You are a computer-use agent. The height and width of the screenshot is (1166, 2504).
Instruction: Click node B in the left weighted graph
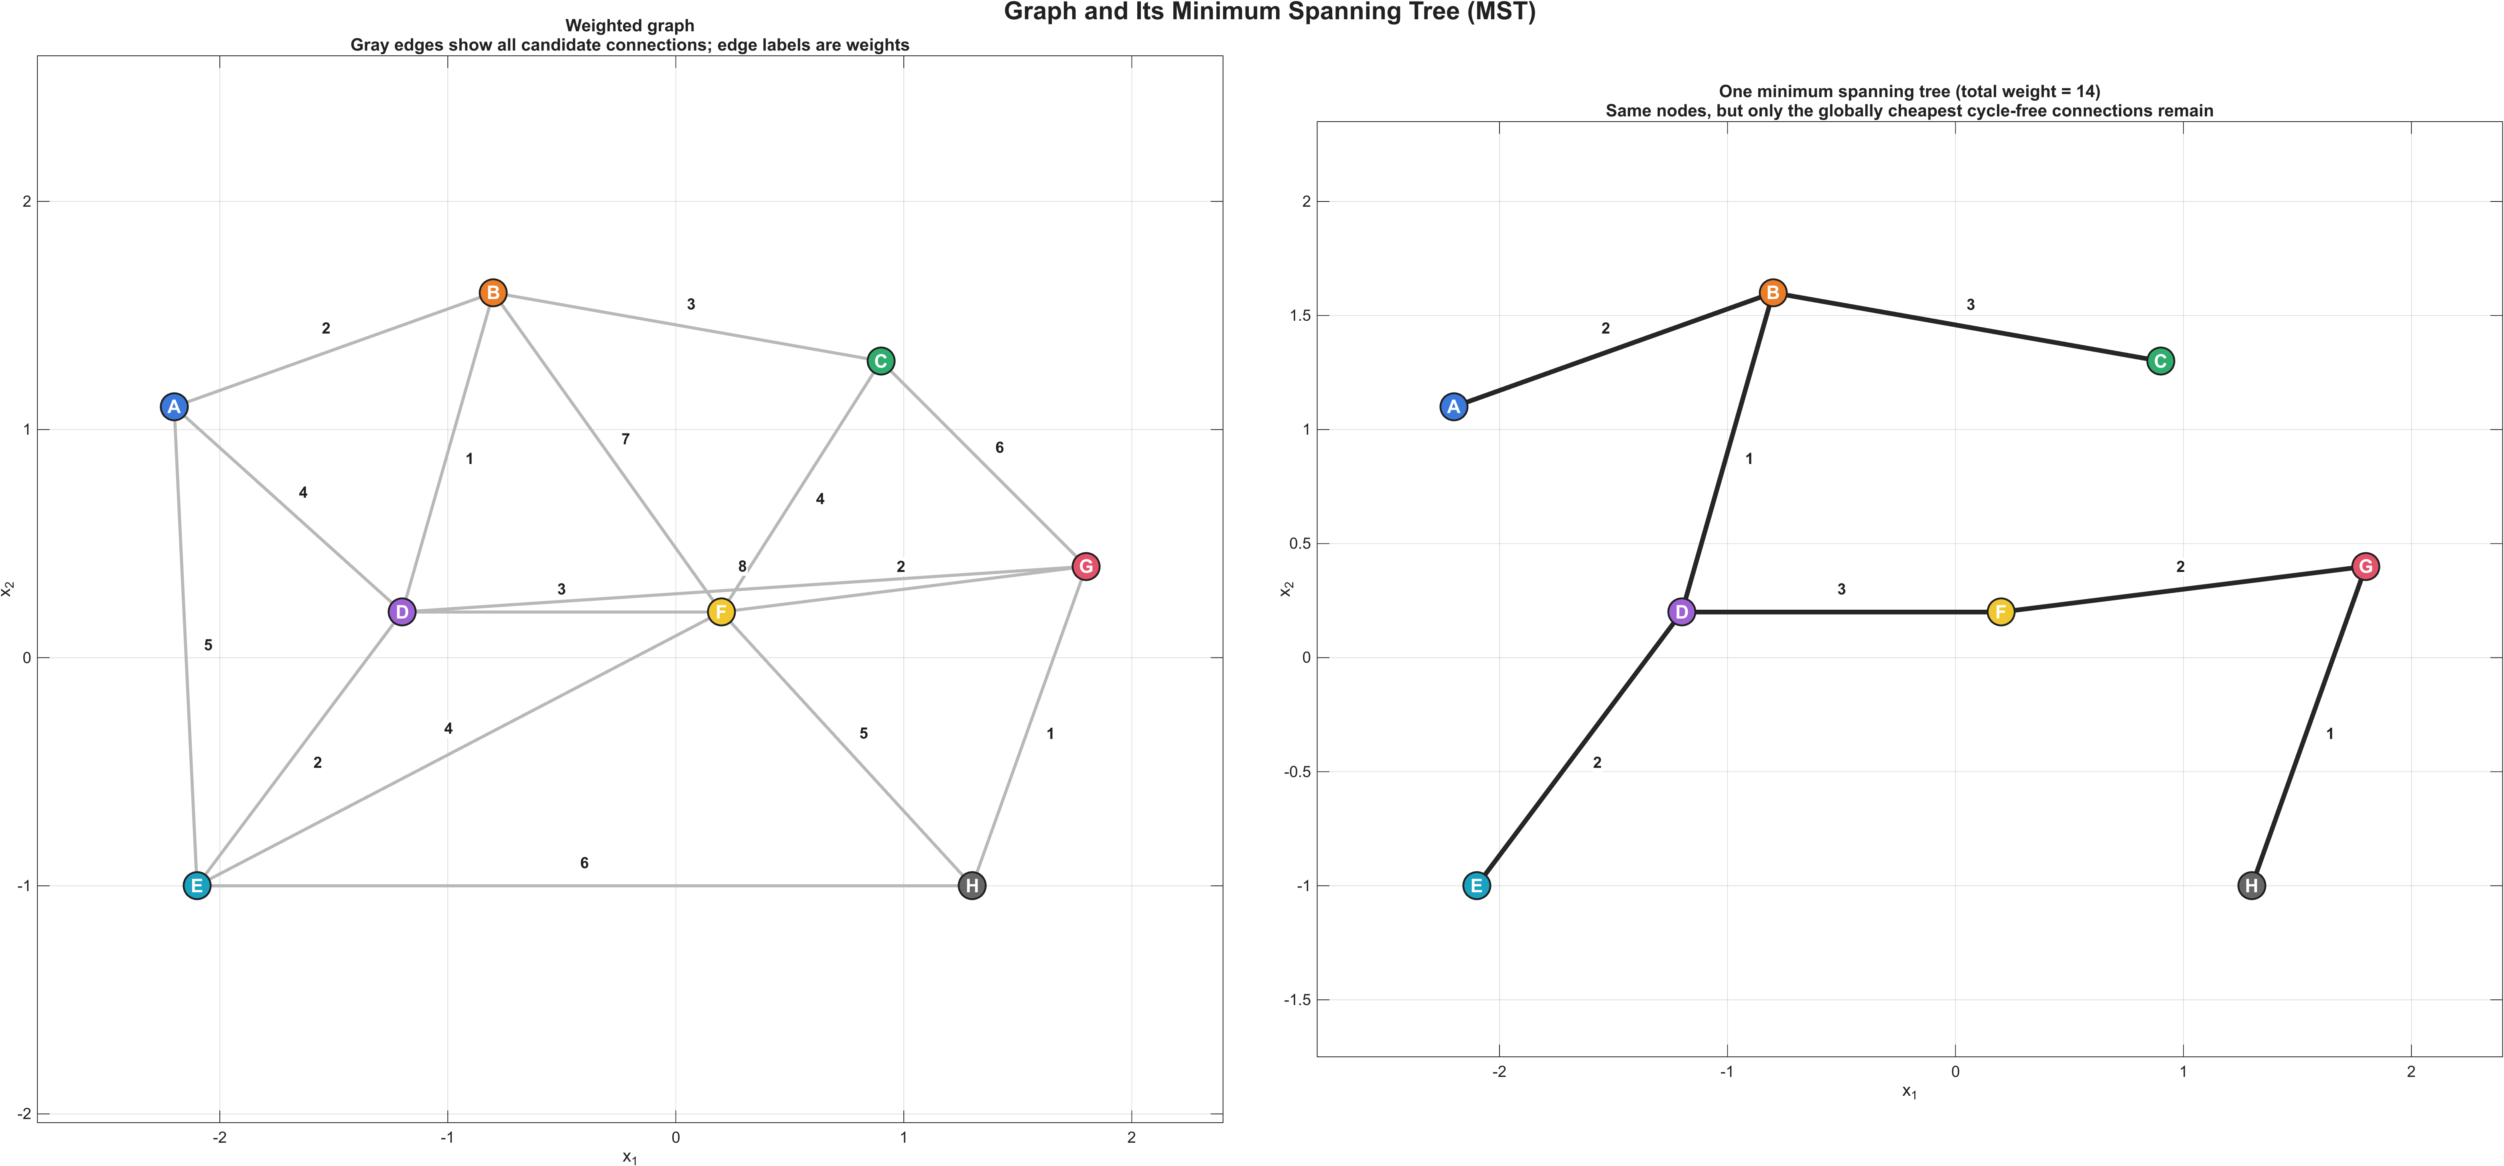(x=493, y=293)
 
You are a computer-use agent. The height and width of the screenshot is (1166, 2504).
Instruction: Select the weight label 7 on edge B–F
(x=625, y=440)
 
